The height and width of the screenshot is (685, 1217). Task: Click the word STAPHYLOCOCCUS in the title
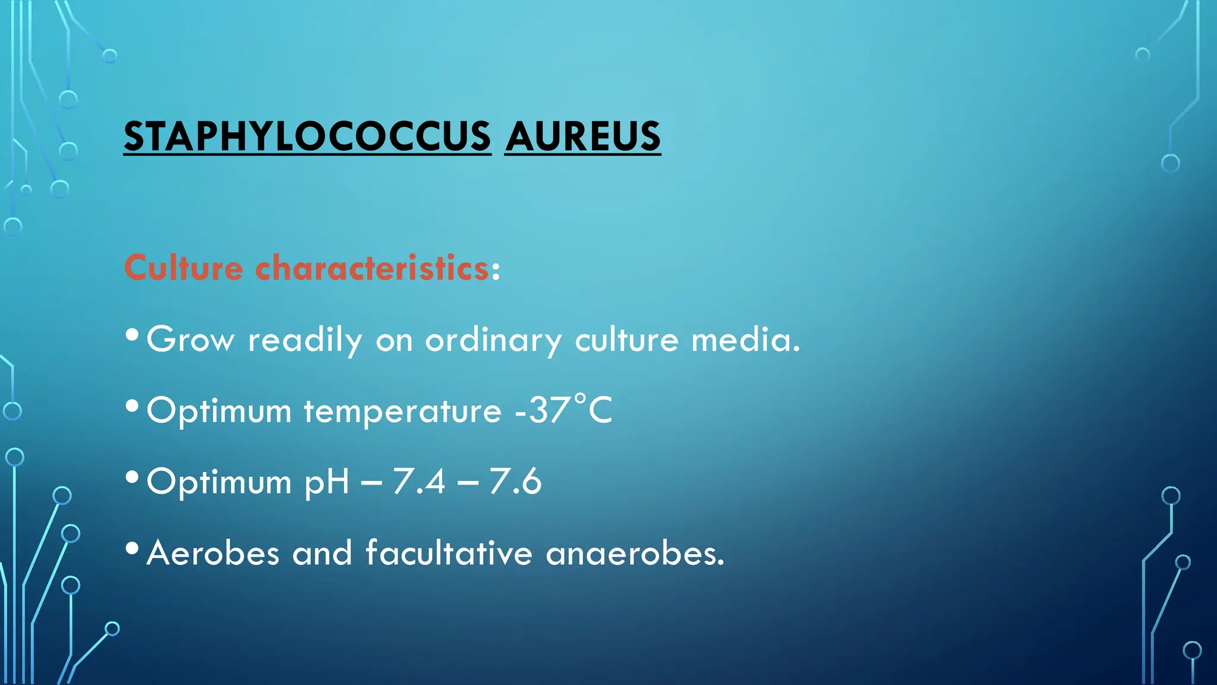click(x=307, y=137)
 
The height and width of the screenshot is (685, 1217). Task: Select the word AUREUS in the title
click(x=582, y=137)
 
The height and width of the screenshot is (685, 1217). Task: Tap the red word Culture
click(x=184, y=268)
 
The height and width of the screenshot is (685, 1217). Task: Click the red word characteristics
click(x=373, y=268)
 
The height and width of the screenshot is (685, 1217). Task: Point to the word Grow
click(x=190, y=340)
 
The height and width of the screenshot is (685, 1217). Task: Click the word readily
click(x=305, y=340)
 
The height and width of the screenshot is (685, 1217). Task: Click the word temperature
click(x=403, y=411)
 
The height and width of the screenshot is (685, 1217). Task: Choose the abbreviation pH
click(x=326, y=482)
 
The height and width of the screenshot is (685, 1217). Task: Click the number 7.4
click(x=419, y=482)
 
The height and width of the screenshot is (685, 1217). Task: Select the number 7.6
click(x=515, y=482)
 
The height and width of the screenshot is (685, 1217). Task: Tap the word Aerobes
click(x=213, y=553)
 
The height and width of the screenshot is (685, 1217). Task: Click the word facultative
click(x=449, y=553)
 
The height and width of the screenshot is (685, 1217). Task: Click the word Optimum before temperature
click(x=219, y=411)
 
